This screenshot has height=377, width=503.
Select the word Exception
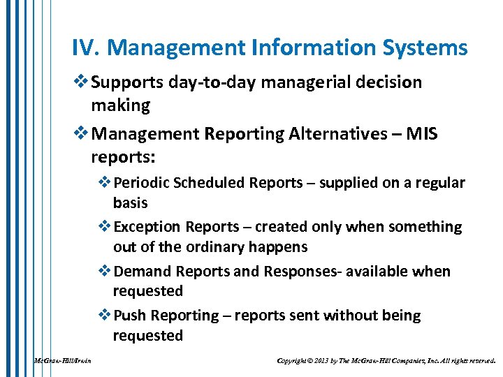[147, 227]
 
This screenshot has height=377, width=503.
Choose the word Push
[129, 316]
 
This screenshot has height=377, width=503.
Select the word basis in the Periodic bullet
[130, 203]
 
